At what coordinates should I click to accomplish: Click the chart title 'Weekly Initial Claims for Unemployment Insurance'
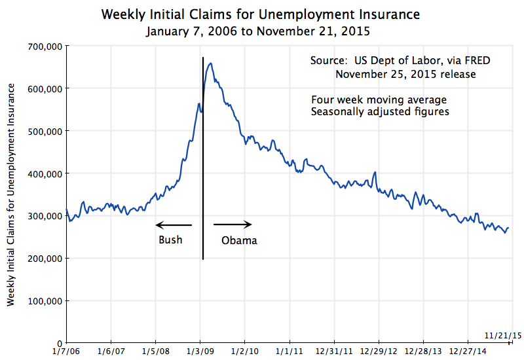pyautogui.click(x=261, y=14)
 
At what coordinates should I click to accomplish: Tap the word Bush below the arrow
pyautogui.click(x=170, y=240)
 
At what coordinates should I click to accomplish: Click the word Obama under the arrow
pyautogui.click(x=239, y=240)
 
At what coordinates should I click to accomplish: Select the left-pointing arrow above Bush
pyautogui.click(x=174, y=225)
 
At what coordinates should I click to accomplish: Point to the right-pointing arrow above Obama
pyautogui.click(x=233, y=225)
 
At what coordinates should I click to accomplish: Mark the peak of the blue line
pyautogui.click(x=210, y=63)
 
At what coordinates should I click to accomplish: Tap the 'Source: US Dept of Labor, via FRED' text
pyautogui.click(x=400, y=61)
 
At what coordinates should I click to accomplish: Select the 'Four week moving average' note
pyautogui.click(x=379, y=99)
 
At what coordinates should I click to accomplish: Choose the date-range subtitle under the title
pyautogui.click(x=261, y=30)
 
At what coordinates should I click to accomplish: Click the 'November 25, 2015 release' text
pyautogui.click(x=405, y=74)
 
